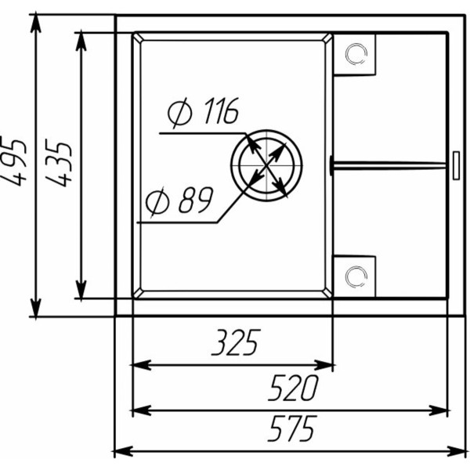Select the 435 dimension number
tap(59, 162)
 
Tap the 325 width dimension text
tap(236, 342)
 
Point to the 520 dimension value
tap(293, 388)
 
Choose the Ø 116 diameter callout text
tap(203, 111)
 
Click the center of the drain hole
tap(266, 165)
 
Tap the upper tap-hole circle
tap(356, 54)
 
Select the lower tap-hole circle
tap(356, 277)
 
